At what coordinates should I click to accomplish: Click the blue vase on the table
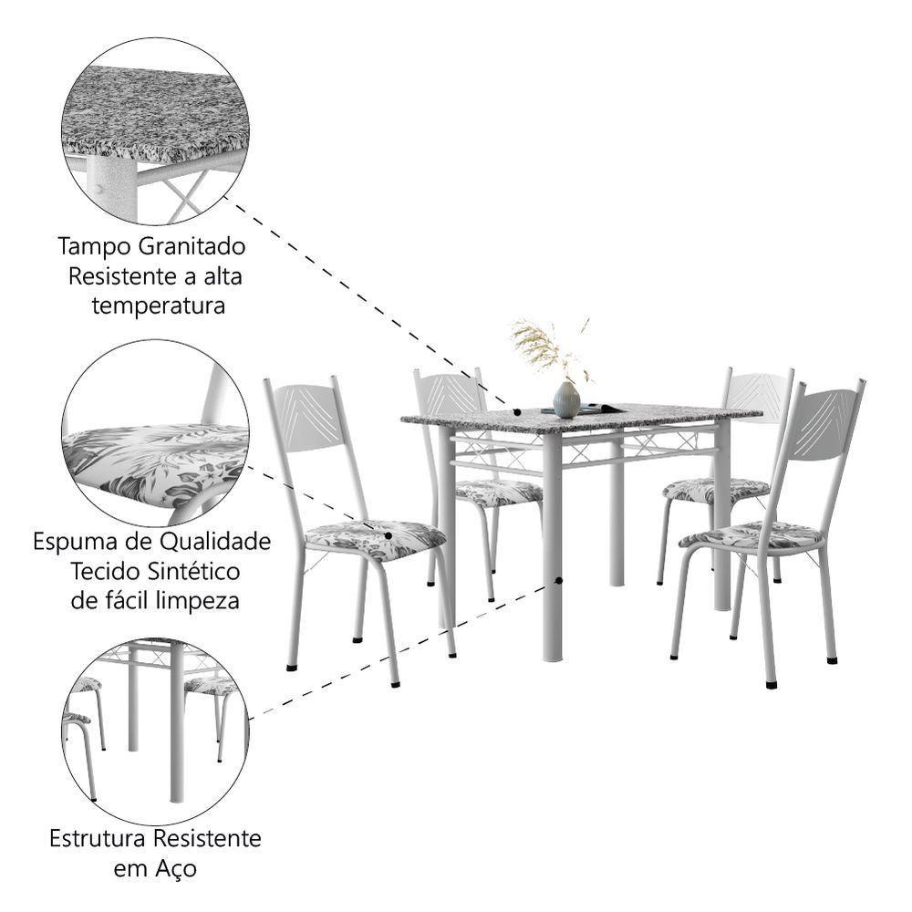point(566,399)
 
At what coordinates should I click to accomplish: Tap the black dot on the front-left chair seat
point(389,536)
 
